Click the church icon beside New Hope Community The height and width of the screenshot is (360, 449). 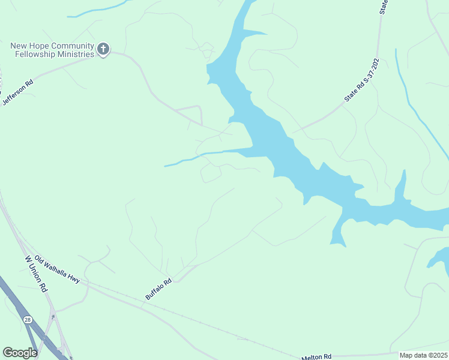point(103,49)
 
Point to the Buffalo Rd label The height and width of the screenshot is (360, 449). point(158,289)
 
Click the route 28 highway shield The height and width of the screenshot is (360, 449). point(28,320)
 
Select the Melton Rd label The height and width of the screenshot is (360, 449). point(316,356)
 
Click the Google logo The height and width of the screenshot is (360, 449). point(20,353)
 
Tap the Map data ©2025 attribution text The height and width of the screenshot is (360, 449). point(423,355)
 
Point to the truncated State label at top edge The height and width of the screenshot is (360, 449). point(384,7)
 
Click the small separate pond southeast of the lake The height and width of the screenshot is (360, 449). point(439,259)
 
